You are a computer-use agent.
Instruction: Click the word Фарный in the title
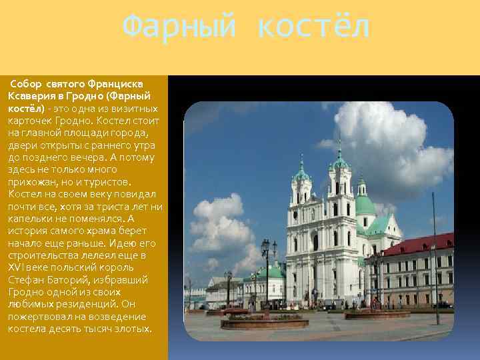(179, 27)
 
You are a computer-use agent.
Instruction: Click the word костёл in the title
(312, 27)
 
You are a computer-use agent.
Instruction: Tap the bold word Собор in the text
(26, 84)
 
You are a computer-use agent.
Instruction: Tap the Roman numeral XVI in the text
(15, 267)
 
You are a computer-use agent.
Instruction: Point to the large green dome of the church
(364, 204)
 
